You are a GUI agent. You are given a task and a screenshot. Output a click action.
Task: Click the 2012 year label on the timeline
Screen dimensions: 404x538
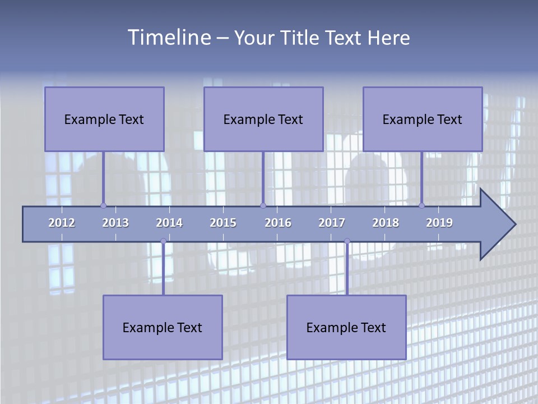click(62, 223)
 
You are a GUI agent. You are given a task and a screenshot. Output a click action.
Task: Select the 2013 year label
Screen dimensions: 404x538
click(115, 223)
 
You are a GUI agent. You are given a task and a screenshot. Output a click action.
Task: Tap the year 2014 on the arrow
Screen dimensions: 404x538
click(169, 223)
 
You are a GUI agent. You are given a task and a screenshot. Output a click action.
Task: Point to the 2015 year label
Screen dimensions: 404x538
click(223, 223)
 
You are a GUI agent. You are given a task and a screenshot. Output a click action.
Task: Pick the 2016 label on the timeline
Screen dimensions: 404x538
click(278, 223)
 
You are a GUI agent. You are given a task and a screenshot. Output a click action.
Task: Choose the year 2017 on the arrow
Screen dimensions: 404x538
click(332, 223)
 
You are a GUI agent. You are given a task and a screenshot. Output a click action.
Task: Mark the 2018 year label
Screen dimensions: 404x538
click(386, 223)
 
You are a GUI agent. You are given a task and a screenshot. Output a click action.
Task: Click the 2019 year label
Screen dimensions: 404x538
click(439, 223)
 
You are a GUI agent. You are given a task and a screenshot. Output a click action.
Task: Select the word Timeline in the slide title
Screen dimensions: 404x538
click(169, 38)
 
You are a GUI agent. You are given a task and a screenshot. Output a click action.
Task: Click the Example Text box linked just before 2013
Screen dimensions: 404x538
click(104, 119)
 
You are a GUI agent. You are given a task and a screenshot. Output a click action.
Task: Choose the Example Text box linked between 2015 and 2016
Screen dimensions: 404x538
click(263, 119)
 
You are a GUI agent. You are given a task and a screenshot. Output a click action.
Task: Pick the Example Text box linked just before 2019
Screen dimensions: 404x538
click(423, 119)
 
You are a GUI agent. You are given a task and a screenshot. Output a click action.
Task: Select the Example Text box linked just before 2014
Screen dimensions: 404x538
click(163, 327)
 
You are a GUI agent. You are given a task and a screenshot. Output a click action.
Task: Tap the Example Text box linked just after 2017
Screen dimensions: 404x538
click(346, 327)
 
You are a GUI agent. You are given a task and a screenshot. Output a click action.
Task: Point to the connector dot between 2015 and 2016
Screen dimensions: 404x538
click(263, 205)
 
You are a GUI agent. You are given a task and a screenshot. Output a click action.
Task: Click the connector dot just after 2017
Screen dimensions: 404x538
click(347, 241)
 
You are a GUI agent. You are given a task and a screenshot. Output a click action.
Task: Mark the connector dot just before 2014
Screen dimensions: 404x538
click(163, 241)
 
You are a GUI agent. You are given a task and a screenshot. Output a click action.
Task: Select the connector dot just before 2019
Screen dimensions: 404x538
click(421, 205)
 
